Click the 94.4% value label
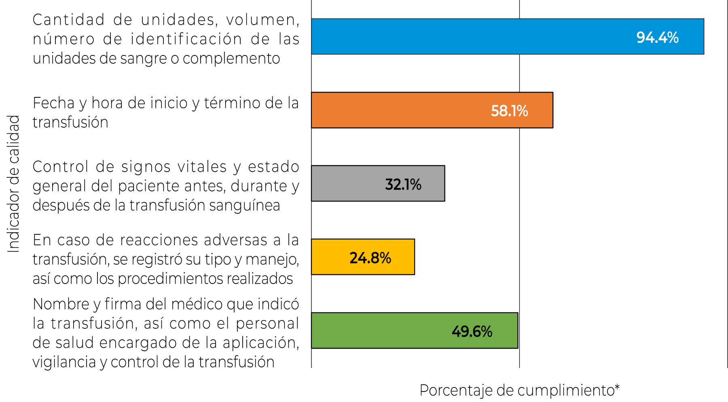[657, 38]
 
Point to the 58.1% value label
[509, 111]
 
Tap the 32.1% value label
[403, 185]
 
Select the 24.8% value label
[370, 258]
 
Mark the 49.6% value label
[472, 332]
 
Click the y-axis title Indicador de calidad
[14, 184]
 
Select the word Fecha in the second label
[54, 103]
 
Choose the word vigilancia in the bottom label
[63, 362]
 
